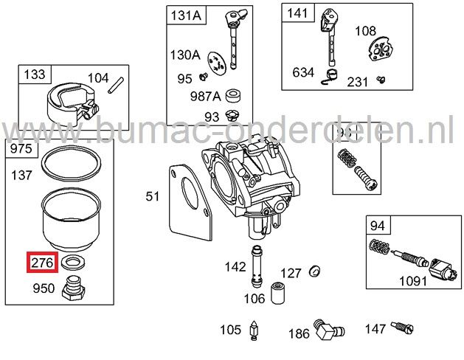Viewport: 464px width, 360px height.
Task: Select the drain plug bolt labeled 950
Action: (74, 287)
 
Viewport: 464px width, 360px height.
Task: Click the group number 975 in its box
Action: (21, 150)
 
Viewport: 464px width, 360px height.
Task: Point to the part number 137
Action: (23, 176)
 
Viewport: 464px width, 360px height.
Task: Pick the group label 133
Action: (34, 75)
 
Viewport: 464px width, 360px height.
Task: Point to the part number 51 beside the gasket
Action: (152, 196)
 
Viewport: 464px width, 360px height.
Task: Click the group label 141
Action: (299, 13)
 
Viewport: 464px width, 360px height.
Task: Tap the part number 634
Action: (303, 72)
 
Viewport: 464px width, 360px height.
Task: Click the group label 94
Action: (378, 225)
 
